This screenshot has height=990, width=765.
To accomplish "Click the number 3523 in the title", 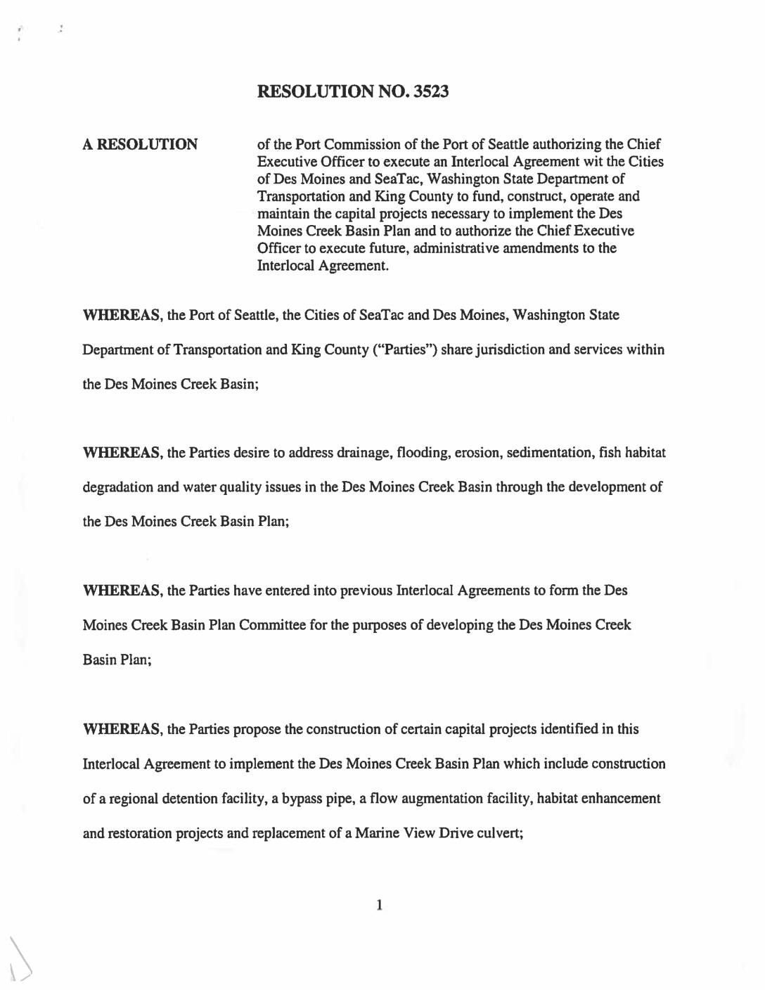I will [x=431, y=91].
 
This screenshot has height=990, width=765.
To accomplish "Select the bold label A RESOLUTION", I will [x=140, y=145].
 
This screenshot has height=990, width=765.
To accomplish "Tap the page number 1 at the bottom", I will [x=379, y=905].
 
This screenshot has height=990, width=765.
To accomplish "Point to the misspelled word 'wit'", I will [x=593, y=162].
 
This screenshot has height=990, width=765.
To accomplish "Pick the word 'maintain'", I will [x=283, y=214].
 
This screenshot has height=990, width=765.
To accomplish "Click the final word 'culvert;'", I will [x=500, y=833].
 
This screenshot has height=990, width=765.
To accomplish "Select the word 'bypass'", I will [x=302, y=799].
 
